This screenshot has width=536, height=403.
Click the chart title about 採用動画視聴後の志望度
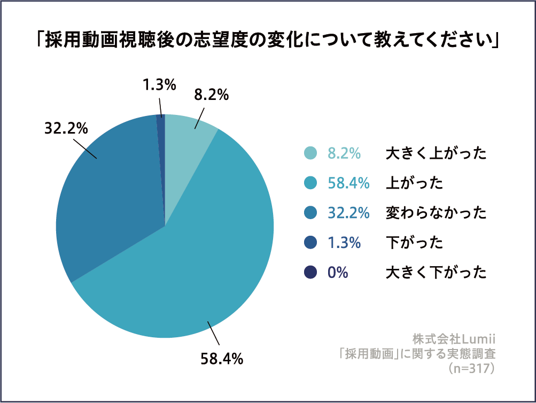click(x=268, y=41)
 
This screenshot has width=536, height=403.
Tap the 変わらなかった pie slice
click(x=107, y=203)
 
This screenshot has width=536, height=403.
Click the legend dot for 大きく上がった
click(x=310, y=153)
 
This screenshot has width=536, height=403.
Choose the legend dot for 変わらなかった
click(x=310, y=213)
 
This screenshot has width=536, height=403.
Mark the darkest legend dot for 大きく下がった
click(x=310, y=272)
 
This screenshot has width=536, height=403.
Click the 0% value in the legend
click(x=338, y=272)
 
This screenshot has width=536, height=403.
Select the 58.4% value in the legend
click(x=348, y=183)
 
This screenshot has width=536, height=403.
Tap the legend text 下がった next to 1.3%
click(x=414, y=243)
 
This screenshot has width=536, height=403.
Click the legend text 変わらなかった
click(x=436, y=213)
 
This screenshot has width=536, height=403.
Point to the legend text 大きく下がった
click(x=436, y=272)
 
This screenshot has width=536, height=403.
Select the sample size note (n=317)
click(x=471, y=368)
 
